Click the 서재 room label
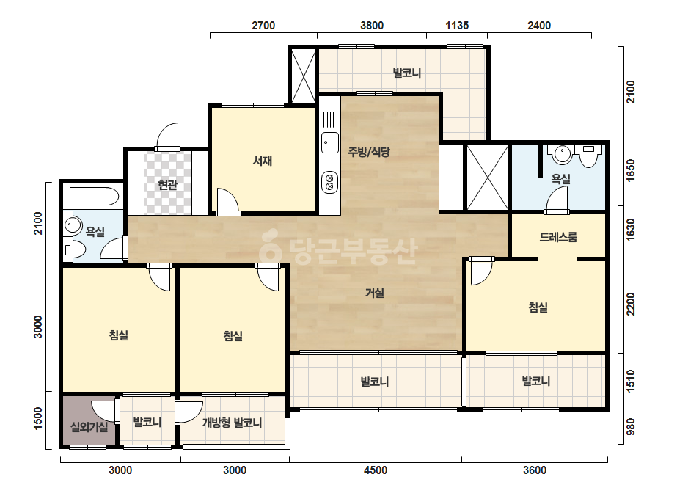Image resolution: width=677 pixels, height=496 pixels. click(x=263, y=161)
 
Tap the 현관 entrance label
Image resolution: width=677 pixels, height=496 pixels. click(x=167, y=185)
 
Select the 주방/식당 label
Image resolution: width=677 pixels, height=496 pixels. click(x=369, y=152)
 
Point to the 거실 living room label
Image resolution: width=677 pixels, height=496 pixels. click(x=375, y=293)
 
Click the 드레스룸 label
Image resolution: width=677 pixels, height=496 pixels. click(x=558, y=237)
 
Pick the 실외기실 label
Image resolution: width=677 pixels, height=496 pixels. click(x=89, y=427)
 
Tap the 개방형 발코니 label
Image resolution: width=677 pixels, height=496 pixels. click(x=233, y=423)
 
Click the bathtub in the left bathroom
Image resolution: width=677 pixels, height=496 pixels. click(x=94, y=196)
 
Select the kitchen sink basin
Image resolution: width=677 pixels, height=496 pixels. click(x=330, y=142)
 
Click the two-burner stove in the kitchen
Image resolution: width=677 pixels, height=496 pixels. click(x=330, y=182)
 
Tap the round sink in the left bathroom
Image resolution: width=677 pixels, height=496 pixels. click(x=73, y=225)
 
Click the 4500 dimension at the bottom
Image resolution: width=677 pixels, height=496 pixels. click(x=376, y=470)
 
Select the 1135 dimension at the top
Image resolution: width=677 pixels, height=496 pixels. click(x=457, y=26)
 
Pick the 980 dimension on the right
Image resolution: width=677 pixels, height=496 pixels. click(x=630, y=427)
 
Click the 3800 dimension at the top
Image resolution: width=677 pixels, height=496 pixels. click(x=372, y=26)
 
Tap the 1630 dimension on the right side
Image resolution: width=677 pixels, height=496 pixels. click(x=630, y=230)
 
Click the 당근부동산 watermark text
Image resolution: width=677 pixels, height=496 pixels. click(x=339, y=249)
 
